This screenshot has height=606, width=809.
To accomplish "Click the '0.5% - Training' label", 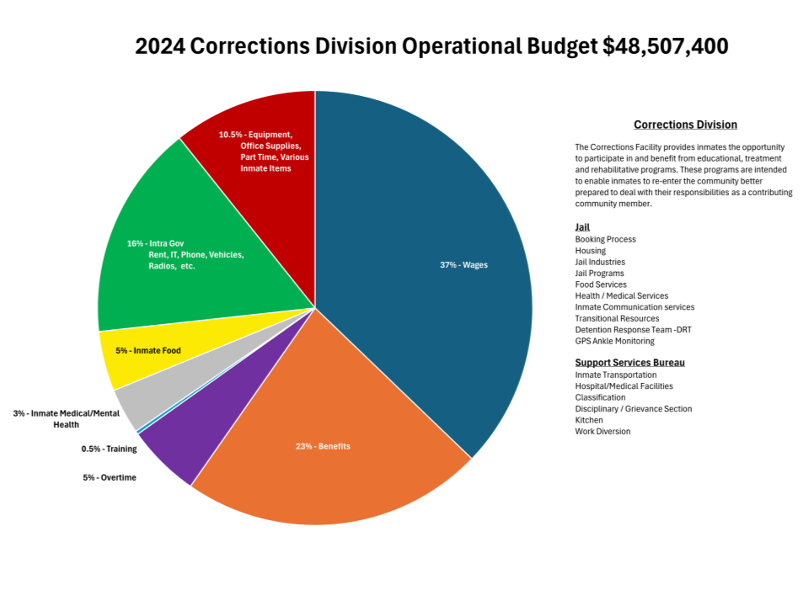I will coord(109,449).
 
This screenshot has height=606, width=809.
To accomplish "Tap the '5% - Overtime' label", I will coord(109,477).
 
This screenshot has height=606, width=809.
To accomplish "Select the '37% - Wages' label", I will coord(463,265).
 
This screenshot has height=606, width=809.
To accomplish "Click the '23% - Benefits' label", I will coord(323,446).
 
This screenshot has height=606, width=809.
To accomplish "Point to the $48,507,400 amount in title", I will coord(666,47).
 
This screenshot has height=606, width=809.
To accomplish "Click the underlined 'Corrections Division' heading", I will coord(685,125).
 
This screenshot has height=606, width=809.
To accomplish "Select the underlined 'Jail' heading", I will coord(582,227).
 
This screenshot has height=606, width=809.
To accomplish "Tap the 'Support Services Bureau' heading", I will coord(630,363).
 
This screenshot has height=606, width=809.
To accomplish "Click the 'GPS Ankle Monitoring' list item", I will coord(614,341).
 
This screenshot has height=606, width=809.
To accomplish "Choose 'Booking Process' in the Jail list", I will coord(605,239).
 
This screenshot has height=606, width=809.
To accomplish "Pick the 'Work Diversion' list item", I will coord(603,431).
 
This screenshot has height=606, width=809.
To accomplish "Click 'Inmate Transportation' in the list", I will coord(615,375).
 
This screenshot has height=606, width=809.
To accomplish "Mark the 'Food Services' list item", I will coord(600,284).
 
